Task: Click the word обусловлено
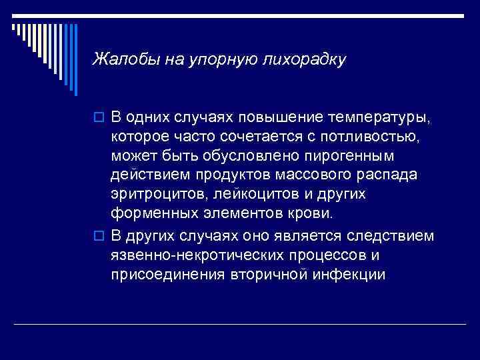tap(245, 157)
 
